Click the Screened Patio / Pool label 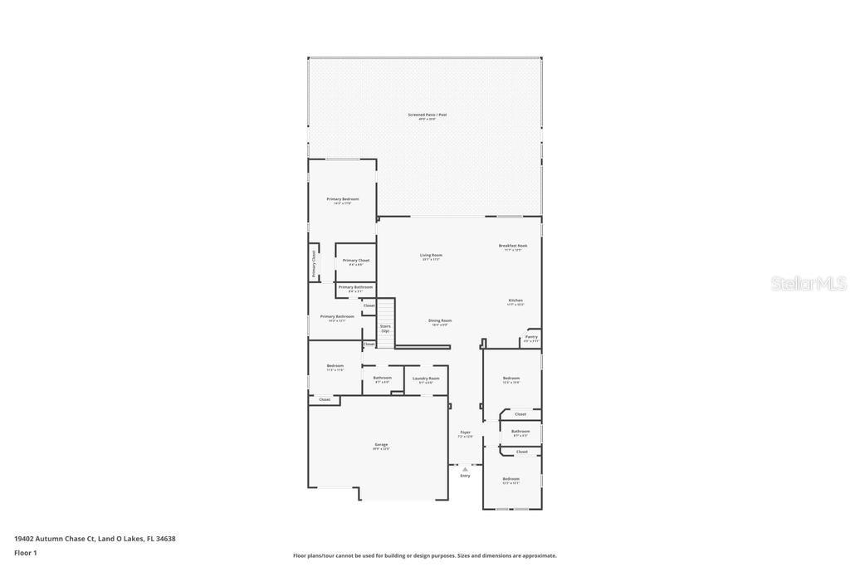[x=427, y=115]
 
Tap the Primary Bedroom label [x=343, y=199]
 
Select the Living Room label [x=431, y=256]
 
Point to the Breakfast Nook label [x=513, y=246]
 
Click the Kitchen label [x=515, y=301]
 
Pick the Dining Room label [x=440, y=320]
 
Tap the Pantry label [x=531, y=337]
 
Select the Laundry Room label [x=426, y=379]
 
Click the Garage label [x=381, y=445]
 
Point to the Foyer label [x=466, y=433]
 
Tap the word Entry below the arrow [x=465, y=476]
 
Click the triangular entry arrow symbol [x=465, y=469]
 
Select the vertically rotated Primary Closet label [x=314, y=263]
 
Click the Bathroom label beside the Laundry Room [x=382, y=379]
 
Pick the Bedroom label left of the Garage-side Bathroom [x=335, y=366]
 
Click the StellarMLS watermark [x=808, y=284]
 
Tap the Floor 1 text [x=26, y=553]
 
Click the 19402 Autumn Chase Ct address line [x=95, y=539]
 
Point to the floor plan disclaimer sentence [x=425, y=555]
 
